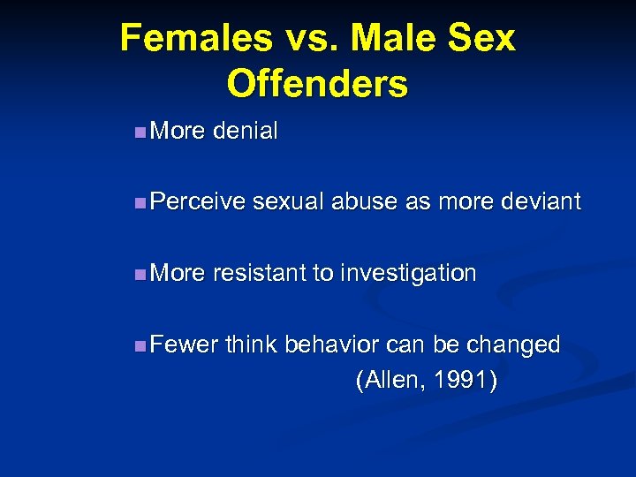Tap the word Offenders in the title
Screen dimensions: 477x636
(317, 84)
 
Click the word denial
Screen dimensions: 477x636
(246, 132)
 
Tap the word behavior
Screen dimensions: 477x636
(333, 344)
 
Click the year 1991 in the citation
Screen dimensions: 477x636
(463, 381)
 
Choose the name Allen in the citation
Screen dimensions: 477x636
(389, 381)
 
